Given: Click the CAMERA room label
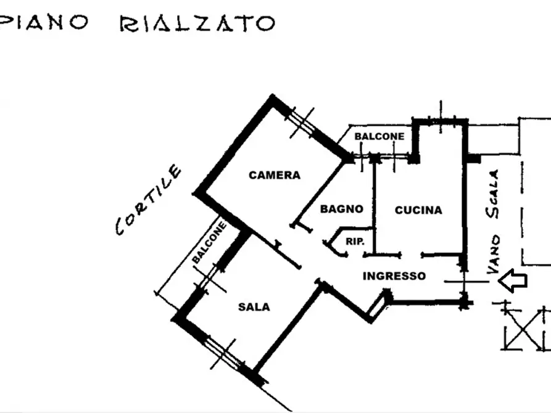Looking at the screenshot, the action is (x=275, y=175).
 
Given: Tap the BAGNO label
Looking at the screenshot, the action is (x=342, y=209).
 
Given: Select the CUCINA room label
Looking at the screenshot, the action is (x=418, y=210).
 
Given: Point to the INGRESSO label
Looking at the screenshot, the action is (x=394, y=276).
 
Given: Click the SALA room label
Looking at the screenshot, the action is (x=254, y=307).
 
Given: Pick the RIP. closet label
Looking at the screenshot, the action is (x=355, y=242).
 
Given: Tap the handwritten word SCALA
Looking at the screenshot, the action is (x=492, y=194).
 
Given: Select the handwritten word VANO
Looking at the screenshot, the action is (x=494, y=255).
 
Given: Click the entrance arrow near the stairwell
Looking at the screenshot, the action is (x=513, y=280).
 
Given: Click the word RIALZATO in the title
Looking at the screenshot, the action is (x=197, y=23).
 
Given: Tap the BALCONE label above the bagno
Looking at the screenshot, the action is (x=379, y=136).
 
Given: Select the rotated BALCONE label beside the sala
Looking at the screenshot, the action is (x=209, y=243).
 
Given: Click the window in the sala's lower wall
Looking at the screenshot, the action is (x=223, y=353).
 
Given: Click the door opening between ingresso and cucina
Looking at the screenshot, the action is (x=412, y=255).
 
